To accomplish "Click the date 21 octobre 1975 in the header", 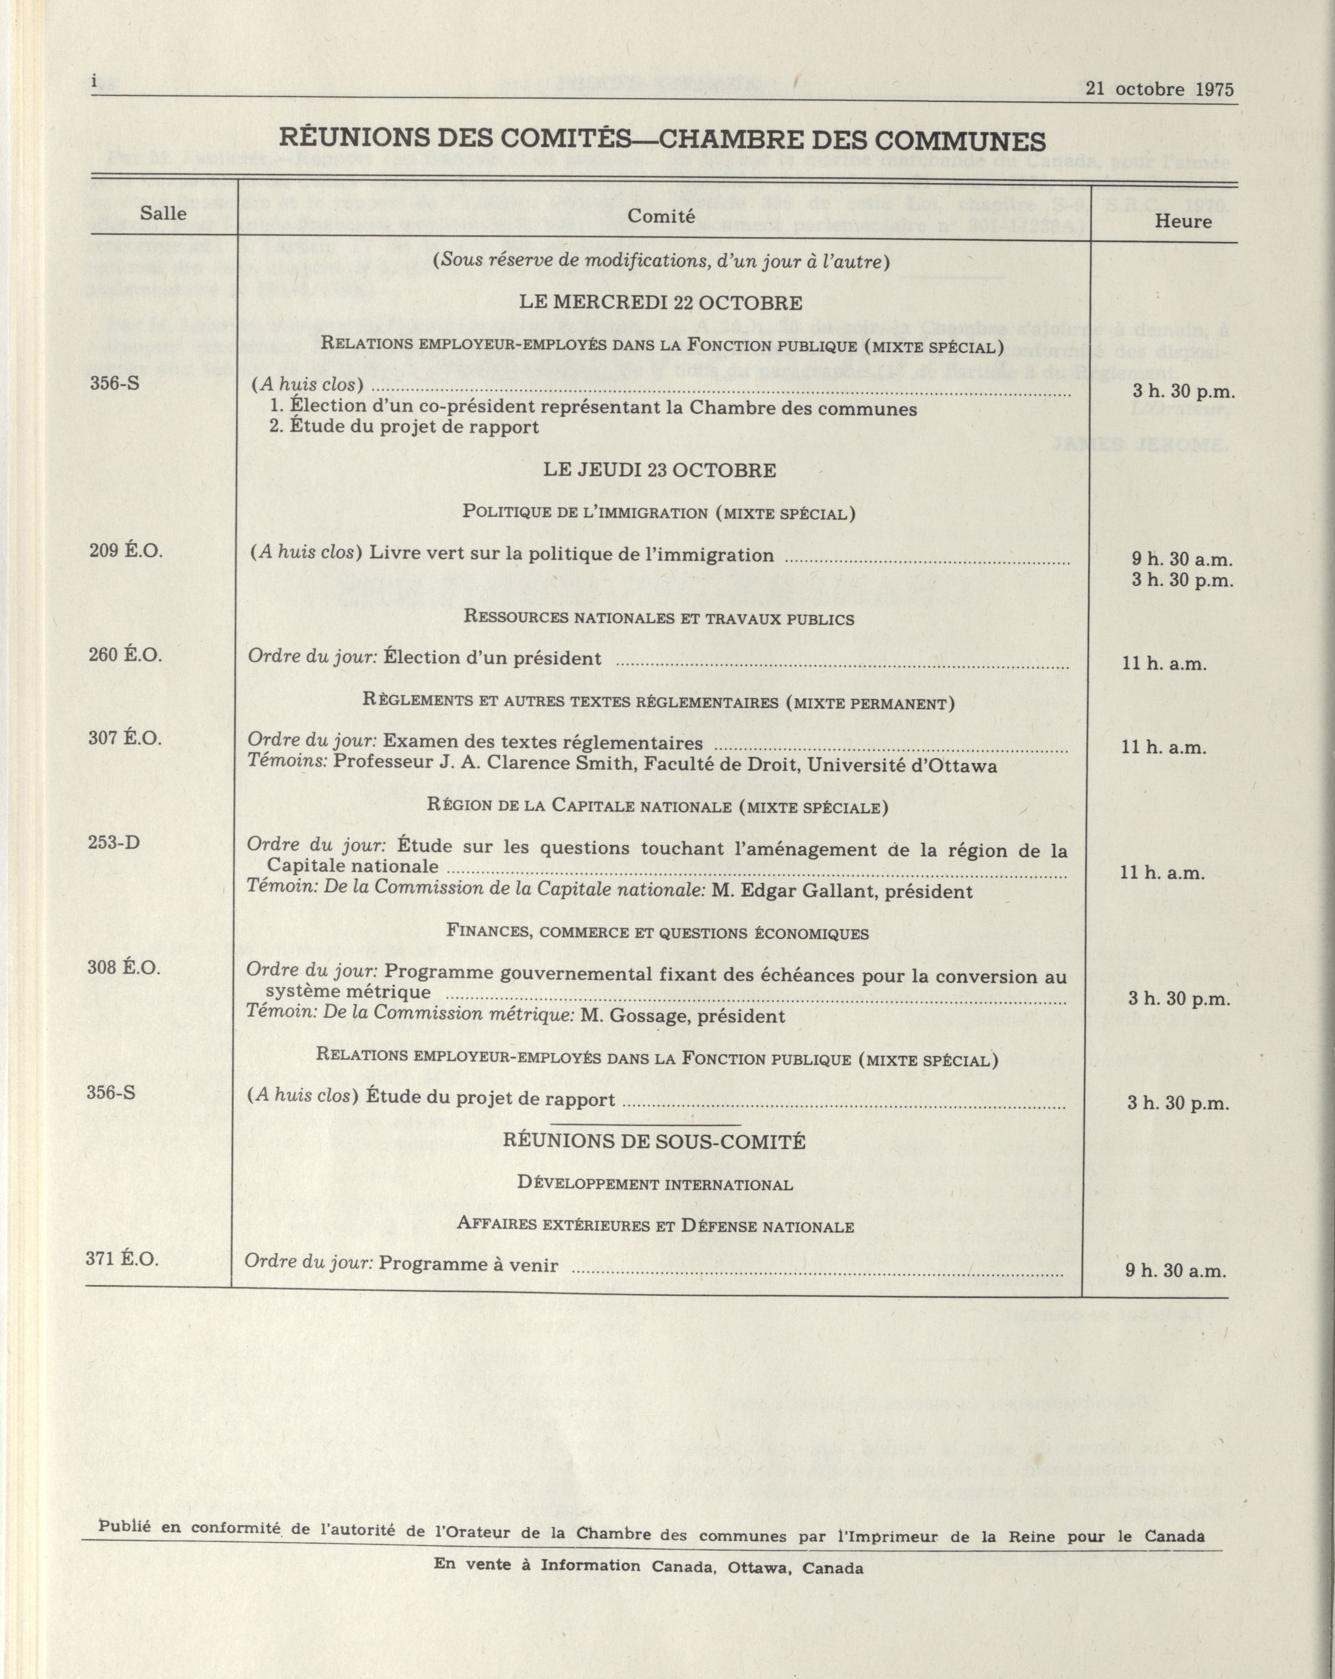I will click(x=1159, y=89).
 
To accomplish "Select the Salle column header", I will click(x=163, y=213).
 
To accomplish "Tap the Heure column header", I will click(x=1183, y=221).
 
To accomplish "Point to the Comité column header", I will click(x=661, y=217).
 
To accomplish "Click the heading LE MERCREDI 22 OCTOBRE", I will click(x=661, y=303).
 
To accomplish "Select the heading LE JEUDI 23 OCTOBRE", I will click(x=659, y=470).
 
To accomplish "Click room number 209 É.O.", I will click(x=125, y=550).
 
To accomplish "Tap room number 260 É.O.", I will click(x=125, y=654).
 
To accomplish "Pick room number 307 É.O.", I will click(x=125, y=738).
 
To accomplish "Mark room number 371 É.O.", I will click(x=122, y=1259).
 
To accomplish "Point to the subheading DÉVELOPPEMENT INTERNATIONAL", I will click(x=655, y=1184).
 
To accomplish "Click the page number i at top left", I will click(x=94, y=83).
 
